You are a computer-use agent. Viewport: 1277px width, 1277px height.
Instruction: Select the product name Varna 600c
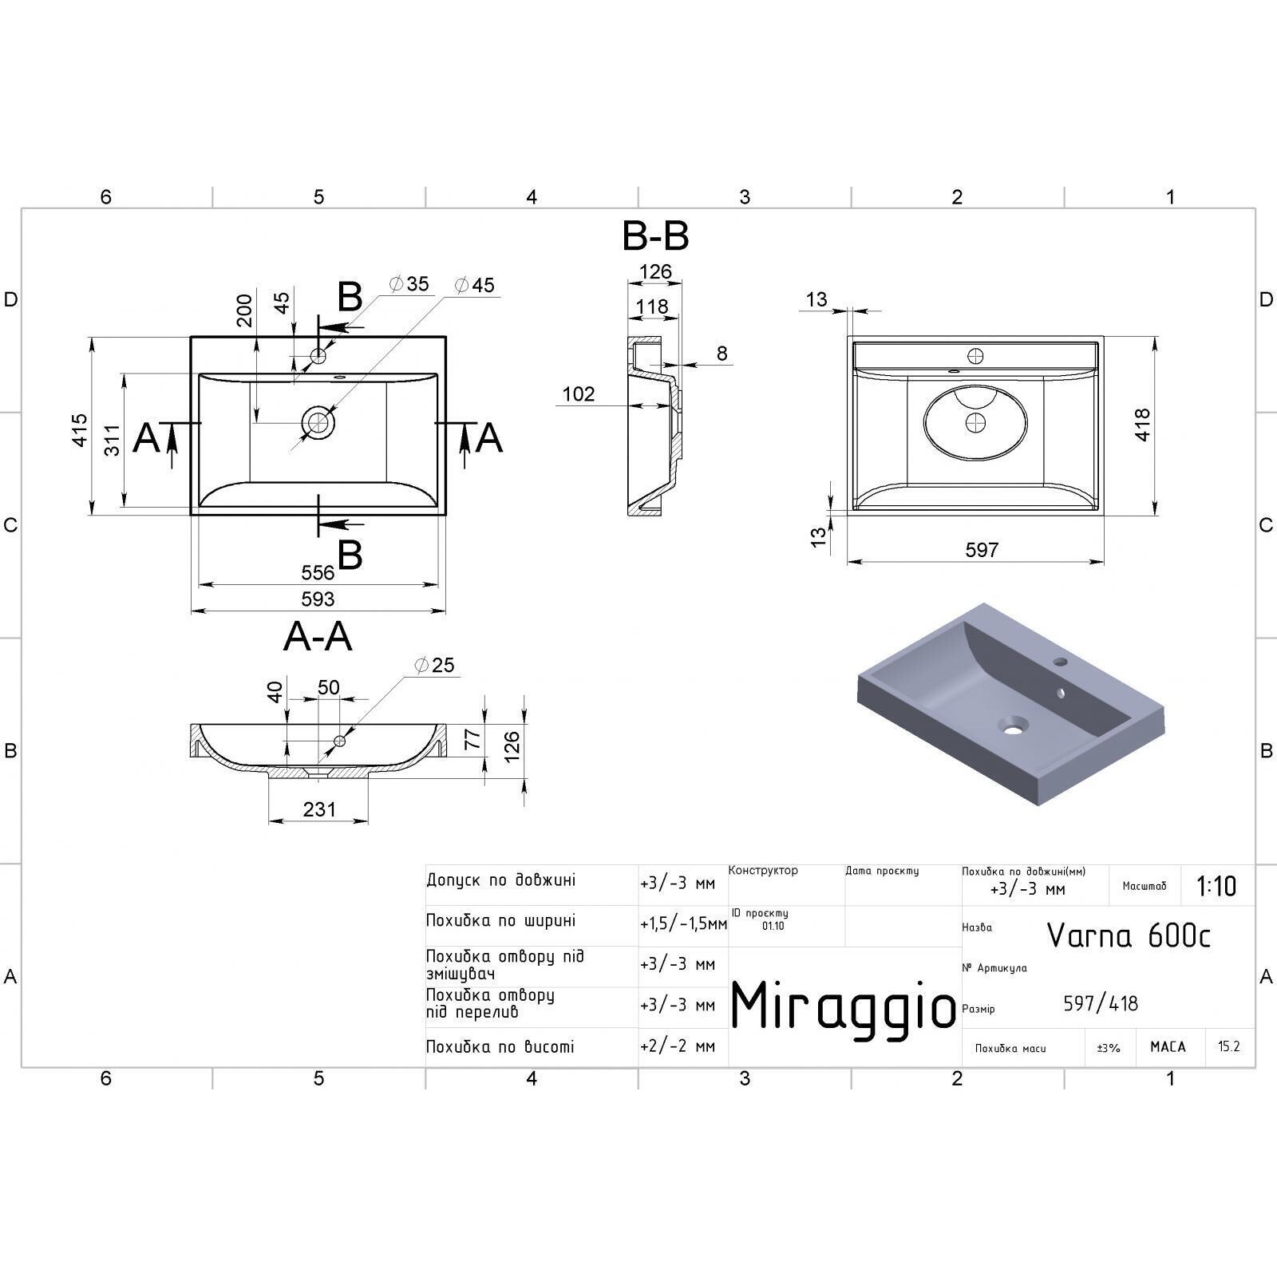click(1129, 935)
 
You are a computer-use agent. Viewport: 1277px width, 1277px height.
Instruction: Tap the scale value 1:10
click(1216, 886)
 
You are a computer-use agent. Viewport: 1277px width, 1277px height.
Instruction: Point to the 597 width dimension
click(982, 550)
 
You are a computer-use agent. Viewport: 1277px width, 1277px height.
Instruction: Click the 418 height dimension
click(1142, 424)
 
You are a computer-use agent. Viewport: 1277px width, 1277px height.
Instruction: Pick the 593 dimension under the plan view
click(318, 599)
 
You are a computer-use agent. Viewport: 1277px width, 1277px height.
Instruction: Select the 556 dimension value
click(318, 572)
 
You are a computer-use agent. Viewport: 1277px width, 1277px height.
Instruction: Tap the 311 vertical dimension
click(113, 440)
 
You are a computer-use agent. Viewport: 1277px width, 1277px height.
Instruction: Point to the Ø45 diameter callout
click(474, 285)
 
